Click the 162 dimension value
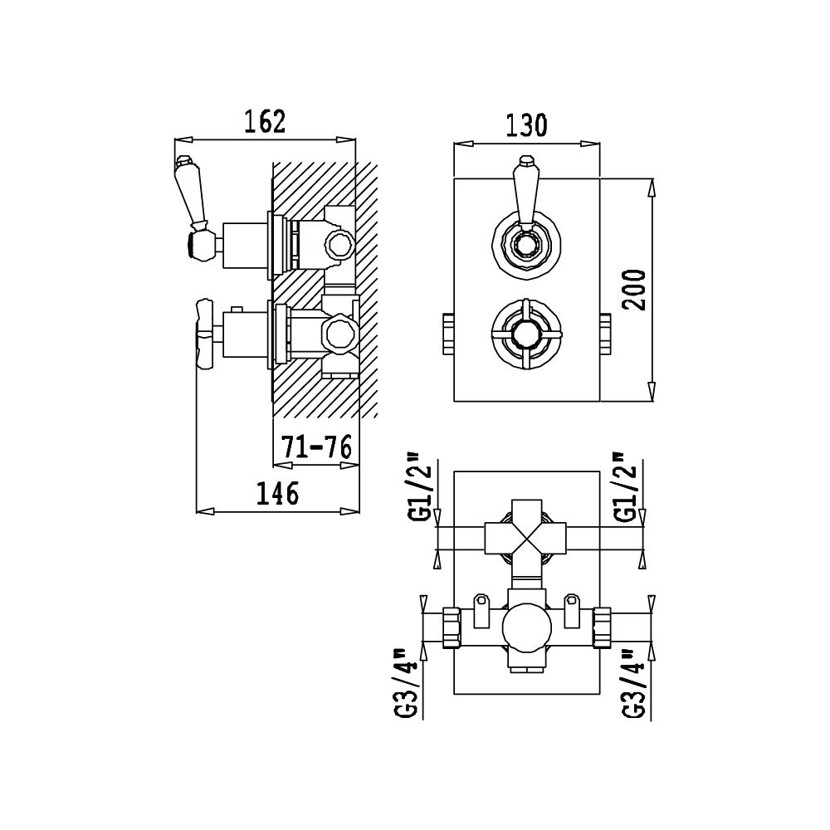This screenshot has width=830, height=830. [x=265, y=121]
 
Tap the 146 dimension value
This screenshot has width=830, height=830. [x=277, y=493]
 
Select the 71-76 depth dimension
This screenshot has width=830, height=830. [x=316, y=447]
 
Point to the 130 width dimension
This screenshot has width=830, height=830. [x=526, y=125]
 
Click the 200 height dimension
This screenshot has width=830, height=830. [x=634, y=290]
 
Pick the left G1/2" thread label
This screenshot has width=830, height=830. [x=422, y=487]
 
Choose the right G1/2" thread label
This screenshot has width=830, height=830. [x=630, y=487]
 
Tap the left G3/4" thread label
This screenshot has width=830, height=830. [x=409, y=683]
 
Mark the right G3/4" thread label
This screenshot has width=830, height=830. [x=634, y=683]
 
